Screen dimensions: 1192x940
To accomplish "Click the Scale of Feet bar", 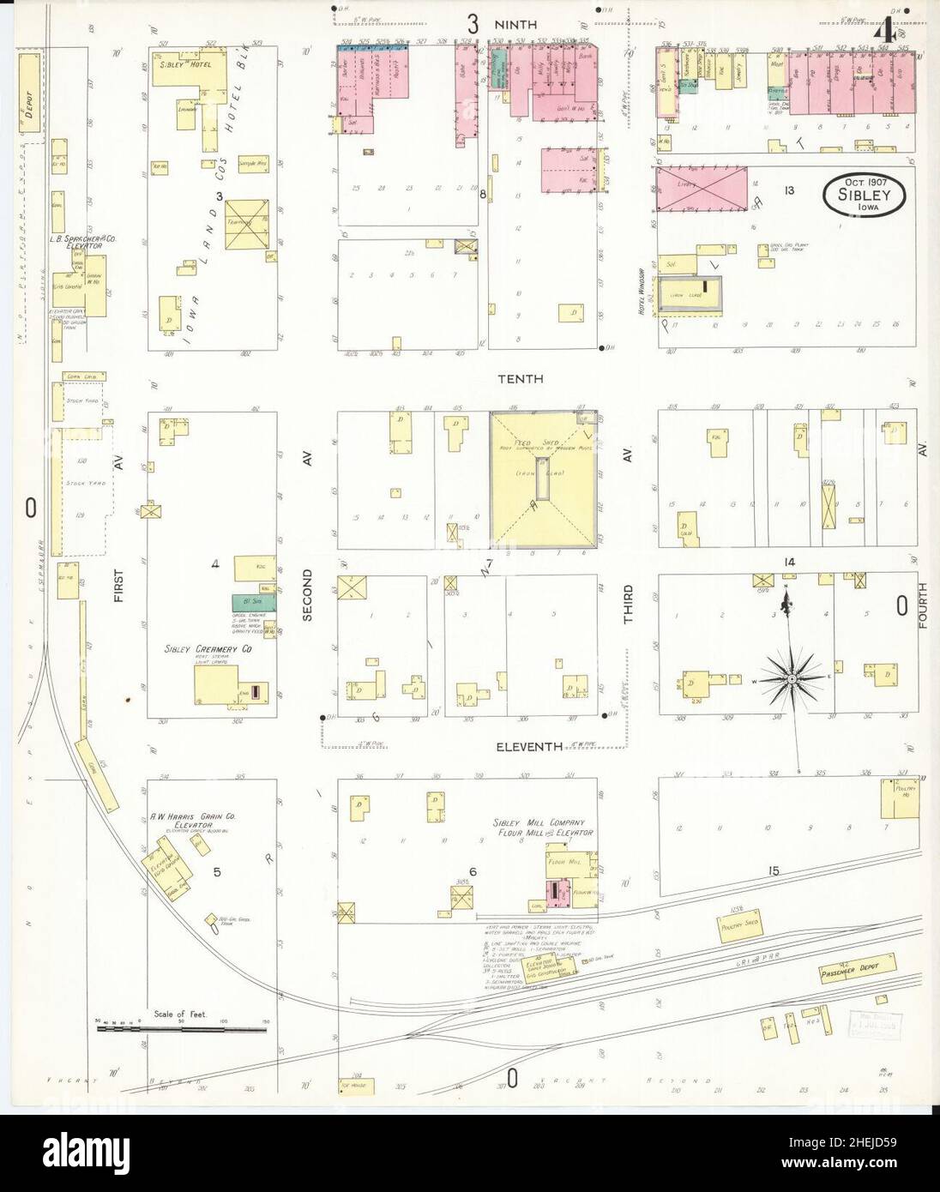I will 182,1027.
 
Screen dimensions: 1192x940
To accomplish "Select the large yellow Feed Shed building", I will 544,481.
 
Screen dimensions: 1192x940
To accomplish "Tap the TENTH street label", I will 519,378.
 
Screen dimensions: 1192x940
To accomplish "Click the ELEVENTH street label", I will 529,747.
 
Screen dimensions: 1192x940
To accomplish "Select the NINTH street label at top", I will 515,25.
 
